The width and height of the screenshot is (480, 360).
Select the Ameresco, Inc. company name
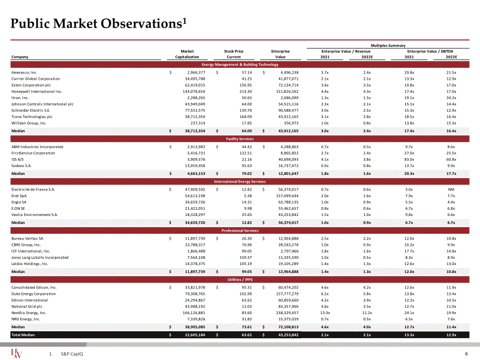click(x=24, y=73)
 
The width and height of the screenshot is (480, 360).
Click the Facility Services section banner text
click(x=239, y=139)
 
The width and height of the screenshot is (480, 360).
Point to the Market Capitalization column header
click(x=187, y=54)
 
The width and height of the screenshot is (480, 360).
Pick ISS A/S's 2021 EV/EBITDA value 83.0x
click(x=409, y=160)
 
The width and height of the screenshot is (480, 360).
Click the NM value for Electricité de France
click(x=451, y=189)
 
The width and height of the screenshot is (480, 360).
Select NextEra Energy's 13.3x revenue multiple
click(x=325, y=313)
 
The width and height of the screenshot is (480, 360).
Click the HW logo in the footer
click(x=16, y=353)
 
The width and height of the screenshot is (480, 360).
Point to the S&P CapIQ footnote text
click(x=72, y=354)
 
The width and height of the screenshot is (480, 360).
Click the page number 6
click(x=466, y=354)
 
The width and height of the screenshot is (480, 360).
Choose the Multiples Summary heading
click(x=388, y=45)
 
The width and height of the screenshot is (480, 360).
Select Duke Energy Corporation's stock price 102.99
click(x=246, y=294)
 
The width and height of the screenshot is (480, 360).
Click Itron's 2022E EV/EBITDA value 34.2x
click(x=451, y=98)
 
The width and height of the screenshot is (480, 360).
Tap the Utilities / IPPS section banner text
click(x=239, y=280)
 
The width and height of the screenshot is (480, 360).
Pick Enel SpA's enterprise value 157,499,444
click(x=287, y=196)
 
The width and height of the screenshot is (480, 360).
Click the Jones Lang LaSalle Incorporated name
click(x=40, y=257)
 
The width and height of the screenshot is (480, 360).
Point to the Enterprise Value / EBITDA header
click(x=430, y=52)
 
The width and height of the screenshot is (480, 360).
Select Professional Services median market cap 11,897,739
click(x=195, y=272)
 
